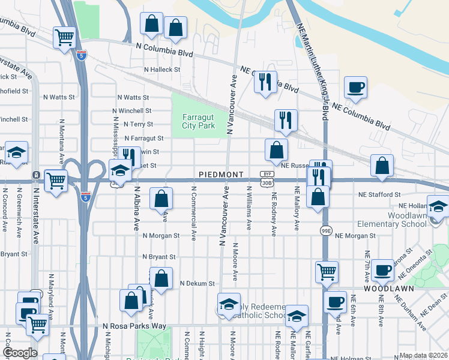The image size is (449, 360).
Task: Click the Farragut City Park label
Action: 198,122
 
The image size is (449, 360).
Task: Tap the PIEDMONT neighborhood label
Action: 221,175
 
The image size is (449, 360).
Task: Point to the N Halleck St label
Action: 160,70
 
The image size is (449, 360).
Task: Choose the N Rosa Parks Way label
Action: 134,326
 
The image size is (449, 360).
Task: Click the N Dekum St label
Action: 196,283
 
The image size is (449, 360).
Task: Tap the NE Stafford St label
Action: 379,194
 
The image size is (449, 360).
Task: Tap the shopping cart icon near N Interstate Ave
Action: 56,178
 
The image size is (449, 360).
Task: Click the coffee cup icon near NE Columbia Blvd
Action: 355,86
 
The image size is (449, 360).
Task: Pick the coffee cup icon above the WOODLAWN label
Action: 382,269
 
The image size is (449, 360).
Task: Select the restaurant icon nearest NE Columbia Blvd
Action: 265,80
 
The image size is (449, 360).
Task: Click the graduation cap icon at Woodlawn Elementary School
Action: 439,206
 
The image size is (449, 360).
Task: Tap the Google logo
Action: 20,353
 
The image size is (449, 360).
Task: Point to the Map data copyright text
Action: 423,355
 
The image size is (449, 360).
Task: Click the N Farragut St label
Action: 144,138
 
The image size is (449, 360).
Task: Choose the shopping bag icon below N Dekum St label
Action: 131,301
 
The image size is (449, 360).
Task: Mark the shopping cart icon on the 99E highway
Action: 327,271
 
